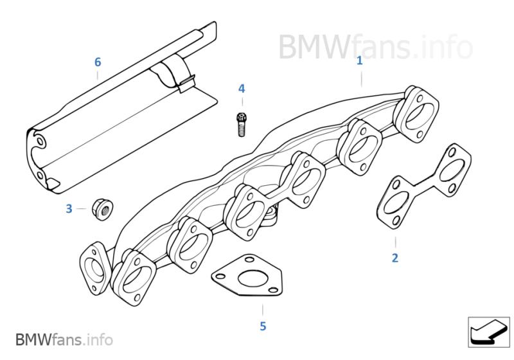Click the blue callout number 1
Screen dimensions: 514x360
360,61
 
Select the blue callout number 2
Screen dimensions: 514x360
395,258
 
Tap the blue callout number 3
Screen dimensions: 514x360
69,209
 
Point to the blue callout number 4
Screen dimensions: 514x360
242,89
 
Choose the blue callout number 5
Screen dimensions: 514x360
263,327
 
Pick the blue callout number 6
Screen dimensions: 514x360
98,62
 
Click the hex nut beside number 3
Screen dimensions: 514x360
102,209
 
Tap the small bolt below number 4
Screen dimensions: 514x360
242,125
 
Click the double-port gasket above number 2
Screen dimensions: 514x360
425,186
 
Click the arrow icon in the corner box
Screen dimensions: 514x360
488,332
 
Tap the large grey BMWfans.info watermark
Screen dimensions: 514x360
376,47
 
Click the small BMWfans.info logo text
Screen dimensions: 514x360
64,339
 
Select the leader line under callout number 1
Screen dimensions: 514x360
362,79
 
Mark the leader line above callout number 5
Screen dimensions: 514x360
263,310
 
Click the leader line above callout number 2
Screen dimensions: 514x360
395,242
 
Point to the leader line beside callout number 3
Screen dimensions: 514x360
82,208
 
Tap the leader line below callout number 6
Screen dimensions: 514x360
98,76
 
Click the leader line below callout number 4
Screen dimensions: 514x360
242,102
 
